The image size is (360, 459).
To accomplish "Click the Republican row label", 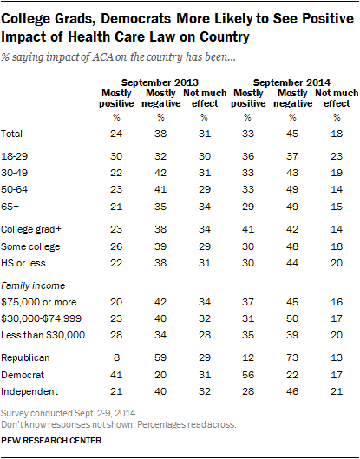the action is click(x=25, y=357).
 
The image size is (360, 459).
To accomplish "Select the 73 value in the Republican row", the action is click(x=292, y=357).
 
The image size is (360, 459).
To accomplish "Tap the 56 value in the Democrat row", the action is click(x=248, y=375).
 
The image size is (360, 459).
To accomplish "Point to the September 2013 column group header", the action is click(x=160, y=82).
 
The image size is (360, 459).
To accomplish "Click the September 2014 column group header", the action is click(x=291, y=82).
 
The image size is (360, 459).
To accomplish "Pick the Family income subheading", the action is click(x=33, y=285).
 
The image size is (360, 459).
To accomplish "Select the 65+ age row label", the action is click(x=10, y=207).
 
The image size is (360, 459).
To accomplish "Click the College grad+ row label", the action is click(x=31, y=229).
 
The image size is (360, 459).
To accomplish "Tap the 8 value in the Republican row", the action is click(x=116, y=357).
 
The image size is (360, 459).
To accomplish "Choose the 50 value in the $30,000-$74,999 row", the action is click(x=292, y=318).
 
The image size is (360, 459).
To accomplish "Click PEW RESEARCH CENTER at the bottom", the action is click(x=51, y=440).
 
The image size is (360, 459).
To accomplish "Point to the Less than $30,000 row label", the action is click(x=43, y=335).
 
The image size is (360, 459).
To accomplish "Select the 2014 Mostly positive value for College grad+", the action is click(x=248, y=229).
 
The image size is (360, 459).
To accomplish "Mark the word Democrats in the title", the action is click(x=136, y=19).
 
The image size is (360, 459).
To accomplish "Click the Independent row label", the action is click(x=29, y=391).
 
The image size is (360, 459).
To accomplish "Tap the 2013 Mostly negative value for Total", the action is click(x=160, y=134).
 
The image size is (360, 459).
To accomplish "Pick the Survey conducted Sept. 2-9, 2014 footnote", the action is click(x=69, y=413).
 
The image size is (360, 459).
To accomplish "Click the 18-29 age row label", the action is click(x=15, y=156).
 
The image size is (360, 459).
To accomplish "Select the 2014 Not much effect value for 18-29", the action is click(x=337, y=156).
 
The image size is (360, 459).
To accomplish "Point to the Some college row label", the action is click(x=30, y=246).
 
